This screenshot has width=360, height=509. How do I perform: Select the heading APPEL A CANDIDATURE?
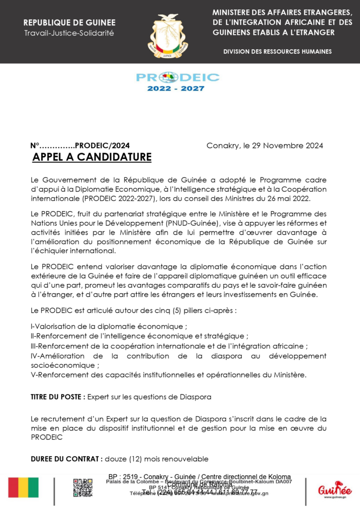pos(91,158)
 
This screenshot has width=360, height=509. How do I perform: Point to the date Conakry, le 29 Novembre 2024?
pos(265,146)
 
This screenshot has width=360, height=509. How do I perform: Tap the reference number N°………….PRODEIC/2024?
pos(80,146)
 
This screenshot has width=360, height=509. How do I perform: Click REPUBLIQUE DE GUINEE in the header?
pos(69,23)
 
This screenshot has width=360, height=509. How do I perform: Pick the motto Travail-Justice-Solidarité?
pos(69,33)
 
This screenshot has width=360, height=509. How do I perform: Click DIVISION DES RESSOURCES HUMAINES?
pos(277,52)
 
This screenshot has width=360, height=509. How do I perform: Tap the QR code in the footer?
pos(83,488)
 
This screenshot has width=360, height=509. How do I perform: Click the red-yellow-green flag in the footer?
pos(23,488)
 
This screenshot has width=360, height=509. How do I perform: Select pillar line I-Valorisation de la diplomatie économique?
pos(108,327)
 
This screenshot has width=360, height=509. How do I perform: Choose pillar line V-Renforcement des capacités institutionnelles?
pos(169,375)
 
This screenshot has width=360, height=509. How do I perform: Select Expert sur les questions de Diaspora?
pos(150,397)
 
